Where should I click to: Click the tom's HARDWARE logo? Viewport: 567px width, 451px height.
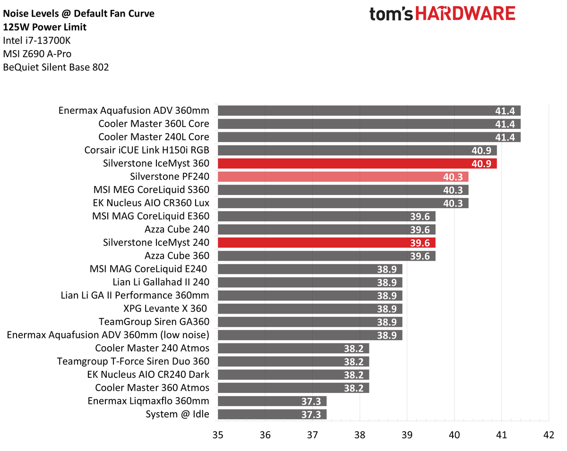pyautogui.click(x=442, y=14)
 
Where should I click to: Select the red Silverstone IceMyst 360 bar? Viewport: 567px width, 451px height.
pyautogui.click(x=357, y=163)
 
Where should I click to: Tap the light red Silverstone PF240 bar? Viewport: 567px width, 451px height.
pyautogui.click(x=343, y=177)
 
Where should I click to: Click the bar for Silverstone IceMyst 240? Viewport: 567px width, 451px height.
pyautogui.click(x=326, y=243)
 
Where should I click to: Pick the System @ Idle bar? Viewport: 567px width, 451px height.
pyautogui.click(x=272, y=414)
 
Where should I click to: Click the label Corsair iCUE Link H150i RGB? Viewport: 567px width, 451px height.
pyautogui.click(x=147, y=150)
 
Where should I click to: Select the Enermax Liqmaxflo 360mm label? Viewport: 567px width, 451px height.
pyautogui.click(x=148, y=401)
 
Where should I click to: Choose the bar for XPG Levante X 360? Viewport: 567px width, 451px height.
pyautogui.click(x=309, y=309)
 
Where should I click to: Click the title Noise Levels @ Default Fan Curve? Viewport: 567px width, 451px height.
pyautogui.click(x=78, y=14)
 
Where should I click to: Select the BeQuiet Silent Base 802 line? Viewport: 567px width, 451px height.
pyautogui.click(x=56, y=68)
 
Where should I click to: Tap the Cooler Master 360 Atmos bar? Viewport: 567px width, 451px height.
pyautogui.click(x=293, y=388)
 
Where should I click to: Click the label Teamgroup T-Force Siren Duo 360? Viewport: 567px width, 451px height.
pyautogui.click(x=133, y=361)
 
